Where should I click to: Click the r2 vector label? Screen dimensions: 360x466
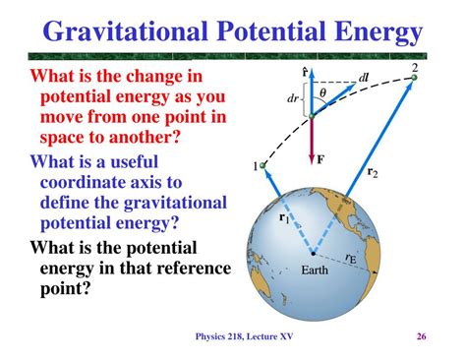click(373, 172)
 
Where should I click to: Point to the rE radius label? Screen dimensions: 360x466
click(351, 260)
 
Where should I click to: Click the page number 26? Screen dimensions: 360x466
click(420, 339)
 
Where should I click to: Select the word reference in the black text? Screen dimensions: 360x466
click(185, 270)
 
